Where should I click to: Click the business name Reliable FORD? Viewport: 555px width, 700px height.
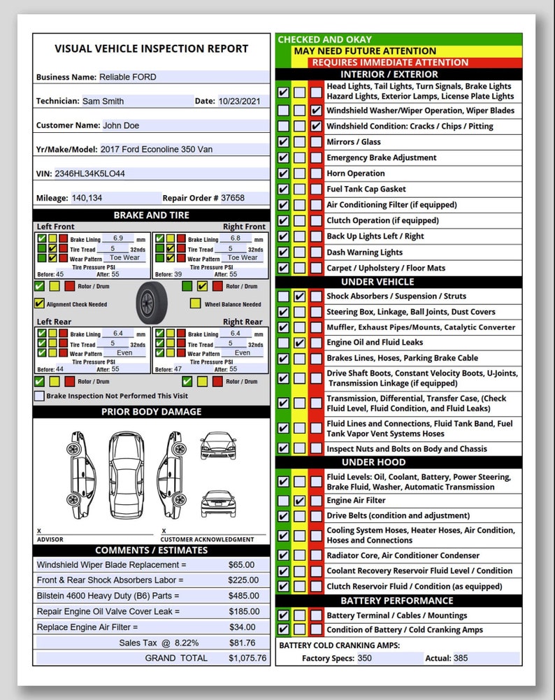point(128,77)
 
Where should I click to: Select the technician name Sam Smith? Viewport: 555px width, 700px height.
point(103,101)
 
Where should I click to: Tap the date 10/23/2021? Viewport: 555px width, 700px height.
point(239,101)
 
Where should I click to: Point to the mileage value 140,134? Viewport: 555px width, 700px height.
point(87,198)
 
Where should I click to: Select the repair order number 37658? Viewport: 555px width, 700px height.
point(233,198)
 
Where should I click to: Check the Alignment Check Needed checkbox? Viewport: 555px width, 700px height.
point(39,304)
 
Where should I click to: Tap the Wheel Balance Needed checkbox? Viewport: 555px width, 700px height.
point(195,304)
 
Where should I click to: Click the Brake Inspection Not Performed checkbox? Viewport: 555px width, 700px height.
point(39,396)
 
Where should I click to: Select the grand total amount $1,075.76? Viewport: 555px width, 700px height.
point(247,658)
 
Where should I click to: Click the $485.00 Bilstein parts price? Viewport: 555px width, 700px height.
point(242,596)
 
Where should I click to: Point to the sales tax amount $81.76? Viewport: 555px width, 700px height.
point(242,643)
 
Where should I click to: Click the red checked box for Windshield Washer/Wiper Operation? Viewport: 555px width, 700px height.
point(316,110)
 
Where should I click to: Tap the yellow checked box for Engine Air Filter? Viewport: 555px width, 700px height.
point(299,501)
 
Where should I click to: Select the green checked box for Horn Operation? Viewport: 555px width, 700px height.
point(283,173)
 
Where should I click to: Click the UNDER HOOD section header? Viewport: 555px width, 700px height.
point(398,462)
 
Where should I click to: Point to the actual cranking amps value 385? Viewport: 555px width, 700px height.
point(461,658)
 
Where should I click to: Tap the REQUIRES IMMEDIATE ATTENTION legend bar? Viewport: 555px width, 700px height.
point(390,62)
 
